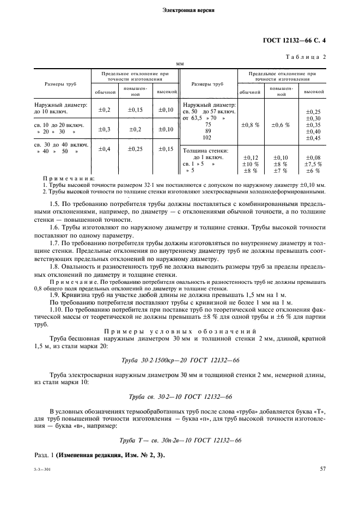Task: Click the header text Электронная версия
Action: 180,10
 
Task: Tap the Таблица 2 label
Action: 306,56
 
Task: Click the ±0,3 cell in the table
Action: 104,129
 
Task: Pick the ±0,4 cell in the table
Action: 104,149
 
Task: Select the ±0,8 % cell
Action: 250,124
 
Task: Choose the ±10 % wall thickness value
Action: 250,163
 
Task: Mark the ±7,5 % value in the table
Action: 313,163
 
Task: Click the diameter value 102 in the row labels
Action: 208,138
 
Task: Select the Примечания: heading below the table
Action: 69,178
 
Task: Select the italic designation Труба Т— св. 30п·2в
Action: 180,440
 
